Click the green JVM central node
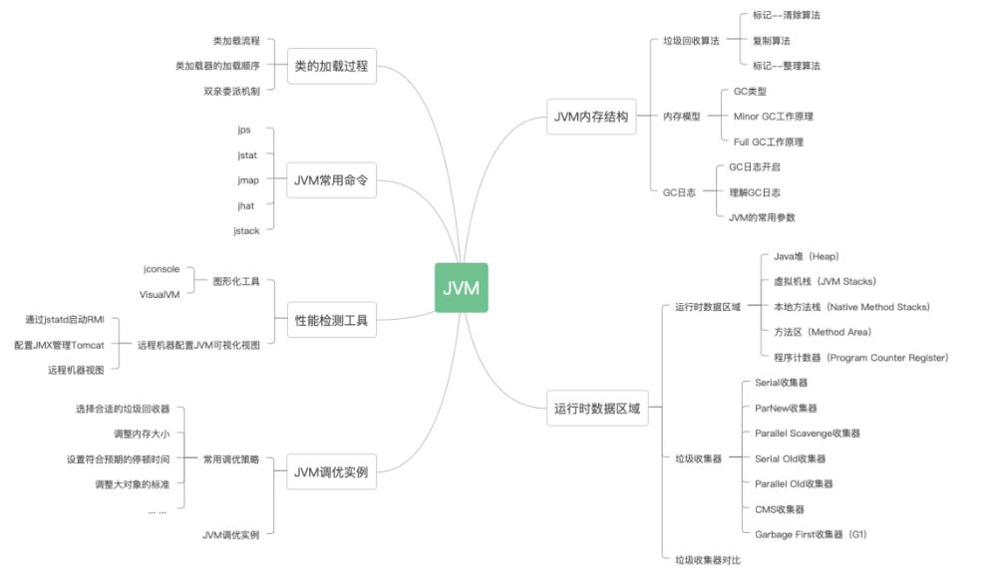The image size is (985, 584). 461,288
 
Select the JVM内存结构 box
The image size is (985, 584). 591,117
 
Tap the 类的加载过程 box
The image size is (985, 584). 331,66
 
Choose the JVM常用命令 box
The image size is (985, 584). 331,181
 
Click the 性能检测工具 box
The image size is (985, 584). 331,320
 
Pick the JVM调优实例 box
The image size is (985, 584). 331,471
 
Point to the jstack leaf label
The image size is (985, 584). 246,230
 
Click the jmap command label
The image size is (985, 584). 248,180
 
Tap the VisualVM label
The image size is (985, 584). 160,294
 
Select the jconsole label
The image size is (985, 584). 162,268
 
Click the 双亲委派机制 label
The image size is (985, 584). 231,91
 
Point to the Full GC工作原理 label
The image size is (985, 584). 768,142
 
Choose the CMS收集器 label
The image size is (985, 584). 780,509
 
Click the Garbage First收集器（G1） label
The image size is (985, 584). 811,535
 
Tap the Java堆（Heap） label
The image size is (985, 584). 806,256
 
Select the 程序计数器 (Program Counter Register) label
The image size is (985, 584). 860,357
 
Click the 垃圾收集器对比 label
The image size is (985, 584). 707,560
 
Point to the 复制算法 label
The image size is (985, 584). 772,41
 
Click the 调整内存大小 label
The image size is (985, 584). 142,434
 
